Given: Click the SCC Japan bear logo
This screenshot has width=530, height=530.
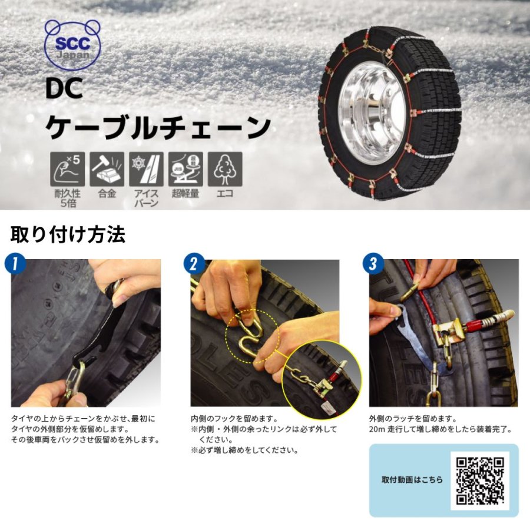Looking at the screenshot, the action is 72,44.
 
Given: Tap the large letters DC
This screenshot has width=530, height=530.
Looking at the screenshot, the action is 64,88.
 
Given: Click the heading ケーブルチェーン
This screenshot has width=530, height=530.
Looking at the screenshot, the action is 158,127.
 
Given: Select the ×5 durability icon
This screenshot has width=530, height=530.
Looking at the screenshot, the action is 68,169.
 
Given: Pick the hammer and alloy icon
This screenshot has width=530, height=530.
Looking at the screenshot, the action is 107,169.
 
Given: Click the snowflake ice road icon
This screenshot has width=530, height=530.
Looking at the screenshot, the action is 146,169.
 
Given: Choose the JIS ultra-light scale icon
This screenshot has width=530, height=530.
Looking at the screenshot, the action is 185,169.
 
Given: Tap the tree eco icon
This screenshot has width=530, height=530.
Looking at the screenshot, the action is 225,169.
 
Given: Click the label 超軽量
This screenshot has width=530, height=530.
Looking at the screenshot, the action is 185,194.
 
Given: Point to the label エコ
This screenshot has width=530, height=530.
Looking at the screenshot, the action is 225,194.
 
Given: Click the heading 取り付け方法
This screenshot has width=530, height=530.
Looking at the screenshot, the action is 68,234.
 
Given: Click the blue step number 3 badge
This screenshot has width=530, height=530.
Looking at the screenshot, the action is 373,263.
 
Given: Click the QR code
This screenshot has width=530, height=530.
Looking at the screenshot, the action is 480,481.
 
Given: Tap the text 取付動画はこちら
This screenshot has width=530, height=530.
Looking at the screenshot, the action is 412,479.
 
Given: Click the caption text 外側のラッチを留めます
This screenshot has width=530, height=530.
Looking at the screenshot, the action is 413,419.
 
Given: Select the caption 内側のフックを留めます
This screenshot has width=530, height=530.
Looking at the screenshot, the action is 234,419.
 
